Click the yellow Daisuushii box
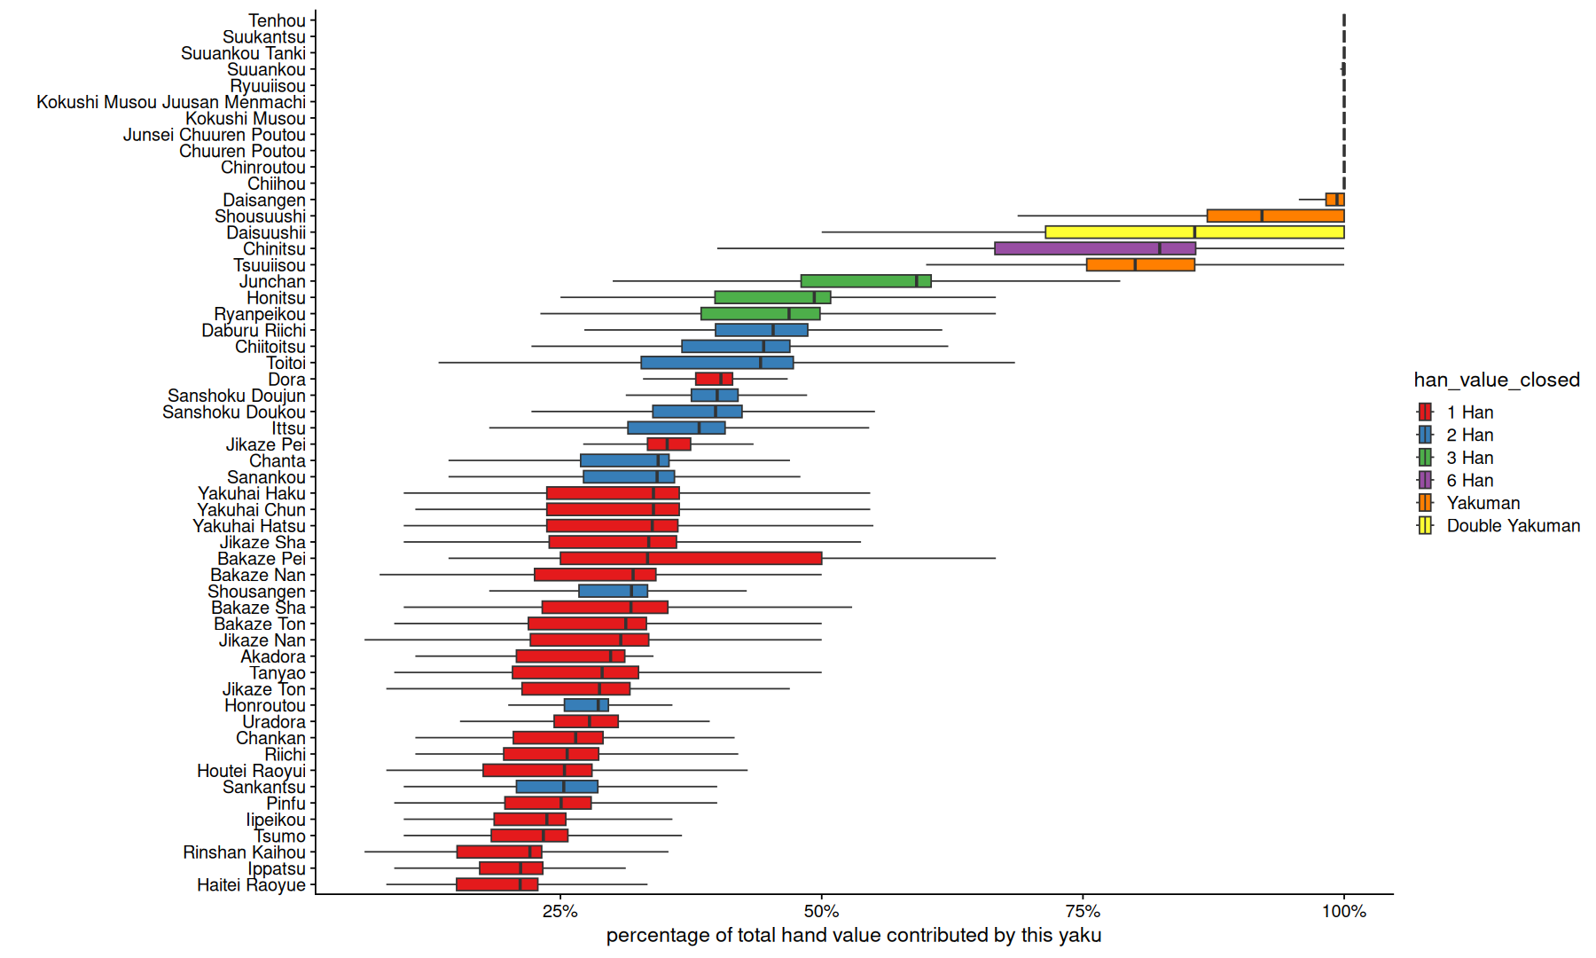(1194, 232)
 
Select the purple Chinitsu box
(1095, 248)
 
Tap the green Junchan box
(865, 281)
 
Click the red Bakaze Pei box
(691, 559)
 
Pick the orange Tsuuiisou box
(1140, 264)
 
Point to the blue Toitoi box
(716, 363)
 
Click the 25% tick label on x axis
(559, 912)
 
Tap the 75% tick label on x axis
(1083, 912)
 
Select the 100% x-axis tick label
(1344, 912)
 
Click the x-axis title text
(853, 936)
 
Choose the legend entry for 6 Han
(1469, 481)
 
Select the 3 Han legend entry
(1469, 458)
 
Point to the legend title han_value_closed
(1497, 380)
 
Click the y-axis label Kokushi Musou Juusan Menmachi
(171, 102)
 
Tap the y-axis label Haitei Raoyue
(251, 885)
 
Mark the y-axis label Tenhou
(277, 20)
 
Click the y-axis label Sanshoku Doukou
(234, 412)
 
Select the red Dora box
(714, 380)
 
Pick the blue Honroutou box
(586, 705)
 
